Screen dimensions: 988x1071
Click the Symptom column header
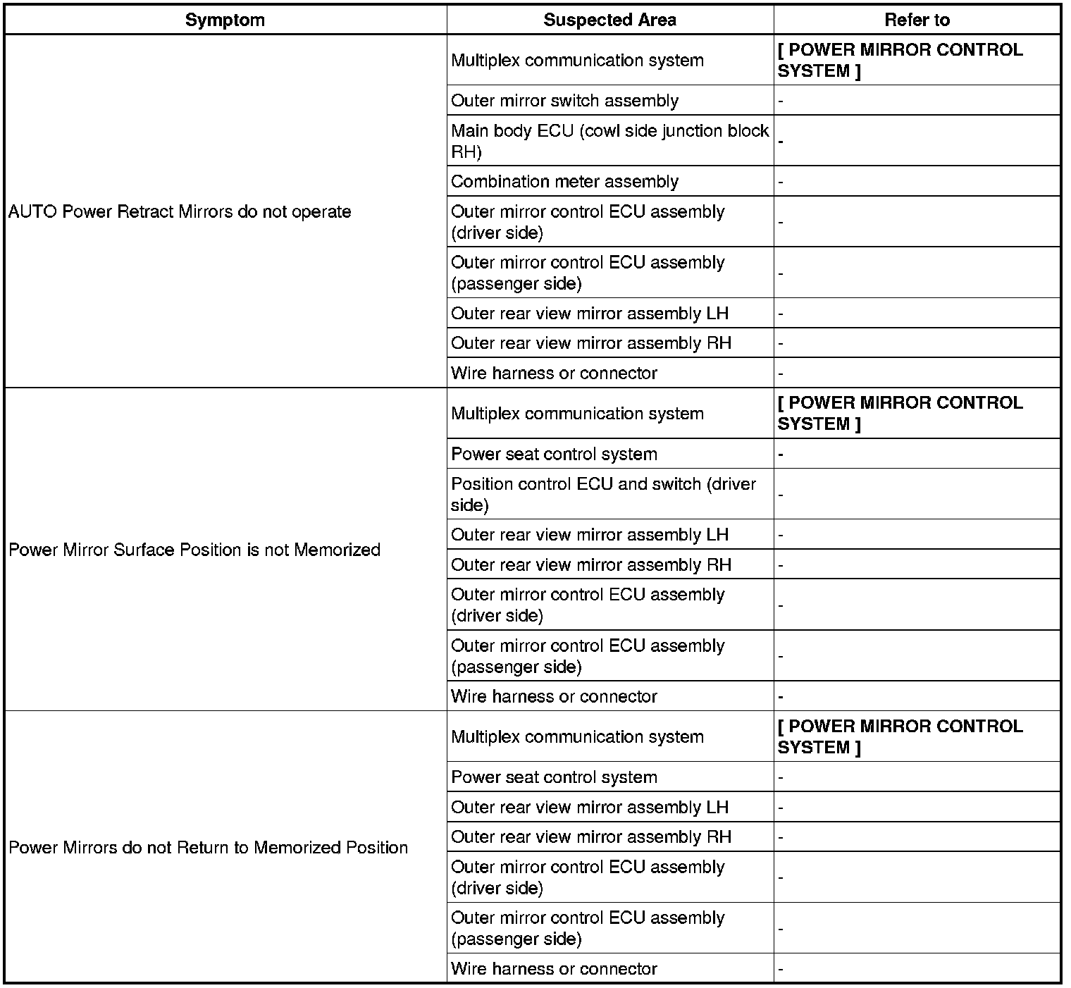tap(225, 20)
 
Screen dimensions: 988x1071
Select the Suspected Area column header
tap(609, 20)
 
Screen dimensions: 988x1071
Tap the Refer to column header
tap(917, 20)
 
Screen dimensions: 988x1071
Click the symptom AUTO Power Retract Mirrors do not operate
tap(180, 211)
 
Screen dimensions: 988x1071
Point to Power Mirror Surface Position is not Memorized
tap(194, 550)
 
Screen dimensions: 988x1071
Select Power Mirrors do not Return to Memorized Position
tap(209, 847)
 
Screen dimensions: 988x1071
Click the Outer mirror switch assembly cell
tap(564, 101)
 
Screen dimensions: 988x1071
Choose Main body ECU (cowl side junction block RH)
tap(609, 141)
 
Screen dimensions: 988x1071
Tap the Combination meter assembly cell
tap(564, 182)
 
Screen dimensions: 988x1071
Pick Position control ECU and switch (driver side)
tap(603, 494)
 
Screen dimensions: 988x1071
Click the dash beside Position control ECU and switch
tap(781, 495)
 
